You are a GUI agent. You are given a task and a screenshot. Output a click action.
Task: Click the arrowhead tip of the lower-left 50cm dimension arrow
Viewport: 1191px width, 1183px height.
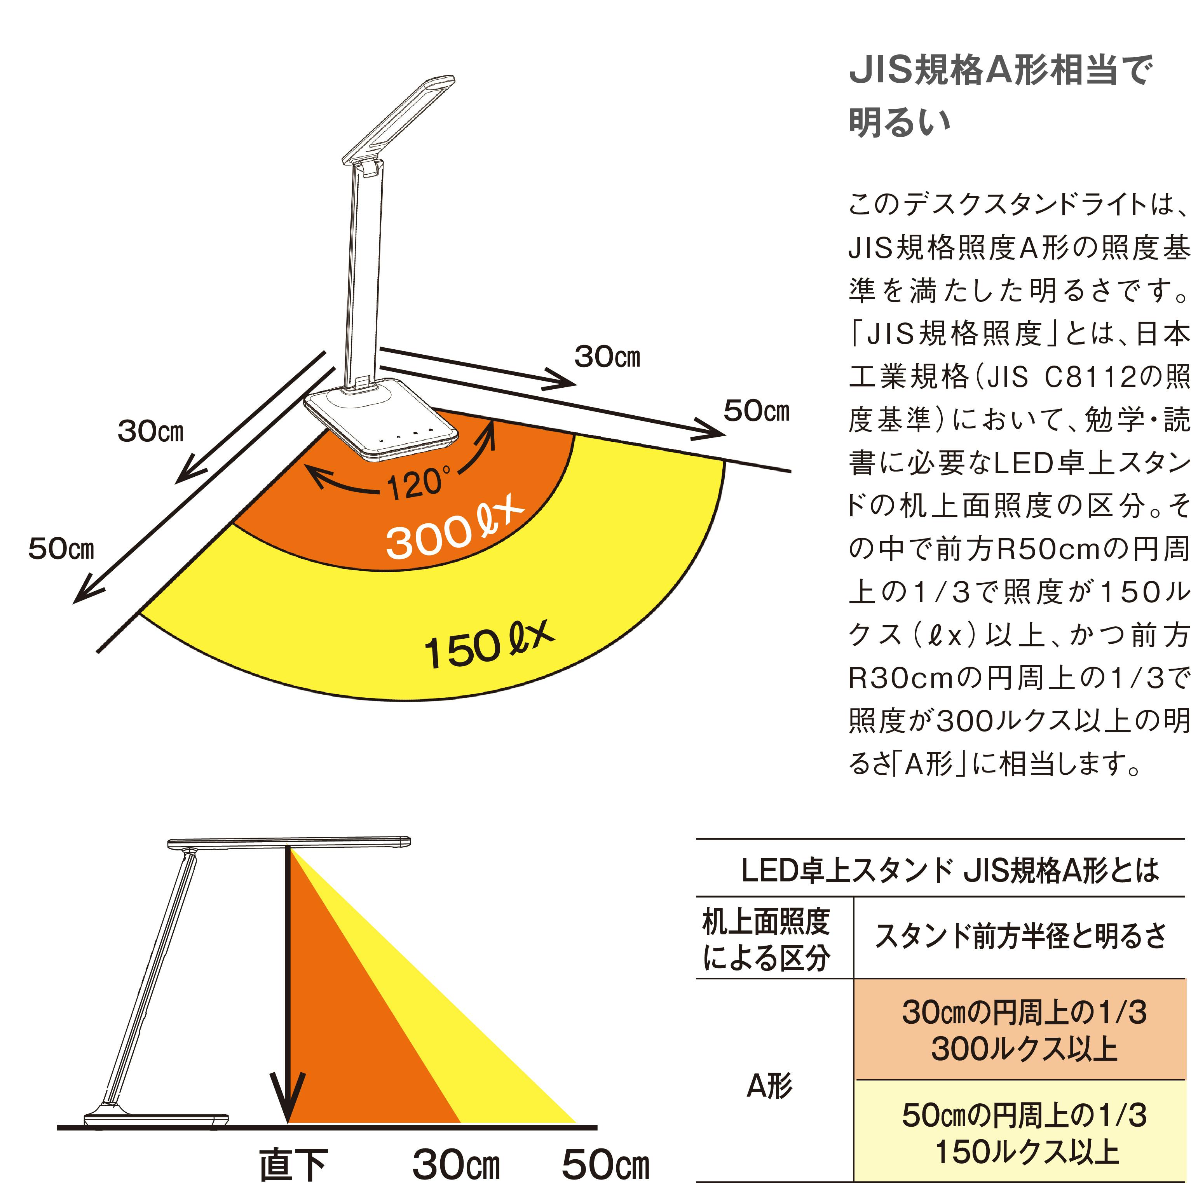pos(74,602)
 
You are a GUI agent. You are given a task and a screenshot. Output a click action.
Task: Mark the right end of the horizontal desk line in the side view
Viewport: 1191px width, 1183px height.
pos(597,1127)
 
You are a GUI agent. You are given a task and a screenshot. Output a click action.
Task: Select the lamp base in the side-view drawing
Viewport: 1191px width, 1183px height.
pos(156,1120)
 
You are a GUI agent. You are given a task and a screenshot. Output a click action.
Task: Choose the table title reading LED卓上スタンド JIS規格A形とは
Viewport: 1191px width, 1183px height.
pos(950,871)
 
